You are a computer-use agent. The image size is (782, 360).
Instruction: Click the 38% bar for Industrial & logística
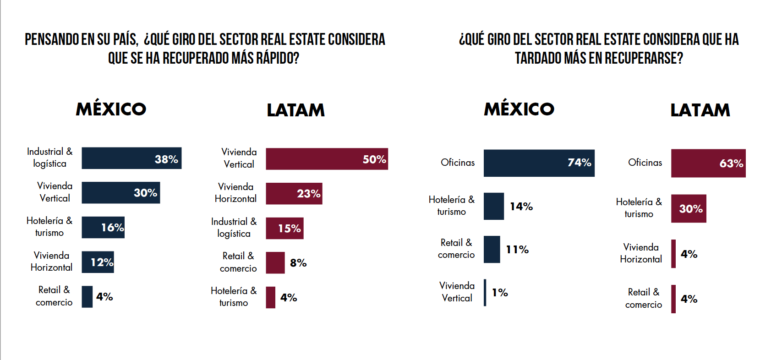click(131, 158)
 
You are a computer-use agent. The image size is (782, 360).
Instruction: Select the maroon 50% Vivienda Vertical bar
click(327, 159)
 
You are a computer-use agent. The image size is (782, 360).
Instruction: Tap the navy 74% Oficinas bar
click(539, 163)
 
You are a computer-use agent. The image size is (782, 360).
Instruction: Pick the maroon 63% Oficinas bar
click(708, 163)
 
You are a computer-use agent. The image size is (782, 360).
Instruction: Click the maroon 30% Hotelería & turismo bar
click(688, 208)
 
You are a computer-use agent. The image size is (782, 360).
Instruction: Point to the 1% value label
click(500, 293)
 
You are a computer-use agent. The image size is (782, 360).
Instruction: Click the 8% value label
click(298, 263)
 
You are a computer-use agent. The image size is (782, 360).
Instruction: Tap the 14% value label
click(521, 207)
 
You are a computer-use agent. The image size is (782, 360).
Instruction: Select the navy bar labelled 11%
click(492, 249)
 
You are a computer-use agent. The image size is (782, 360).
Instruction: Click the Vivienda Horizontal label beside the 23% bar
click(235, 193)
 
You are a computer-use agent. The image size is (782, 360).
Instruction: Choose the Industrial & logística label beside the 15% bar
click(234, 228)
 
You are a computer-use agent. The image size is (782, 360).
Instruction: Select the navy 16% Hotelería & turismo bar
click(103, 228)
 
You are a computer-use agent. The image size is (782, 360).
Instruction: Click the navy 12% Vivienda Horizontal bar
click(98, 262)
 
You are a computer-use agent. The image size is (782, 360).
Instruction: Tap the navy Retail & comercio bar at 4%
click(87, 297)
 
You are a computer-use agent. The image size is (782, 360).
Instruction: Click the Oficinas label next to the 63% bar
click(645, 163)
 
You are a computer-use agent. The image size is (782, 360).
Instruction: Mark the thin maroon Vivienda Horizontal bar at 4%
click(673, 254)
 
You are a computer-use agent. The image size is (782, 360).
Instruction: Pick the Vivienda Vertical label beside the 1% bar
click(457, 292)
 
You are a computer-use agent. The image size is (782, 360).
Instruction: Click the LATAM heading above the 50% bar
click(295, 110)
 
